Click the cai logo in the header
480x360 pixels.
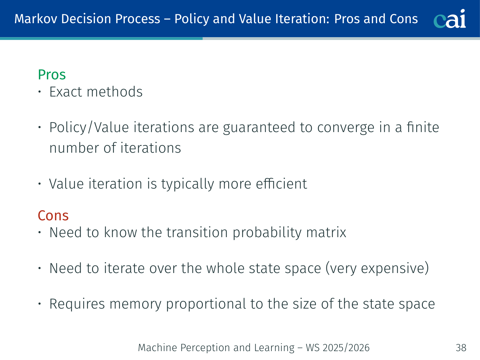450,19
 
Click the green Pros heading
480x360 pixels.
52,75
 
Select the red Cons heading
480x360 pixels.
53,216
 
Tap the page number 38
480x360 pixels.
461,348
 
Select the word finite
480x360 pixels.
423,127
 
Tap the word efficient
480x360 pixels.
282,183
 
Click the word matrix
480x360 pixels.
326,232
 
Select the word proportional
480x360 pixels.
206,304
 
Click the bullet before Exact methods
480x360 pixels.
40,92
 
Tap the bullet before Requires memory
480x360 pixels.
40,304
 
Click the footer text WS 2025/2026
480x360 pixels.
338,348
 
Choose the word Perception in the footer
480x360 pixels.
205,348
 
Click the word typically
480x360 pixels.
188,184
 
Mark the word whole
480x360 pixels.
225,268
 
